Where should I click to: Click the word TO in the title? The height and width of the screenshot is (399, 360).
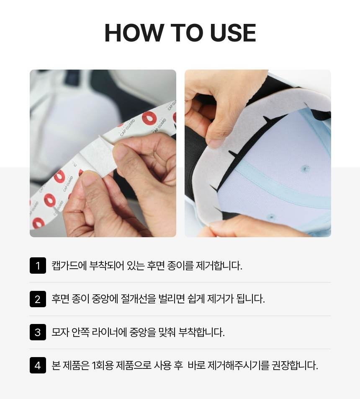click(186, 33)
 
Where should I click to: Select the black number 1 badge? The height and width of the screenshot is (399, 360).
click(38, 265)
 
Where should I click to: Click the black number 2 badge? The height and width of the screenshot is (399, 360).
click(38, 299)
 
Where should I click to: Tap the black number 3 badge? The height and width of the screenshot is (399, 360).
click(38, 332)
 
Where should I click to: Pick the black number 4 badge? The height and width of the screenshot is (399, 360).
click(38, 365)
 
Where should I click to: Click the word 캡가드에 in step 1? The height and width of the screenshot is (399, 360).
click(69, 266)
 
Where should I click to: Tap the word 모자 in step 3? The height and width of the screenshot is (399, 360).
click(60, 332)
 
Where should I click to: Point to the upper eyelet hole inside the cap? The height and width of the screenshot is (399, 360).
click(305, 168)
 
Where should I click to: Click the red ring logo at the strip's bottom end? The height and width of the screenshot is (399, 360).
click(38, 223)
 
